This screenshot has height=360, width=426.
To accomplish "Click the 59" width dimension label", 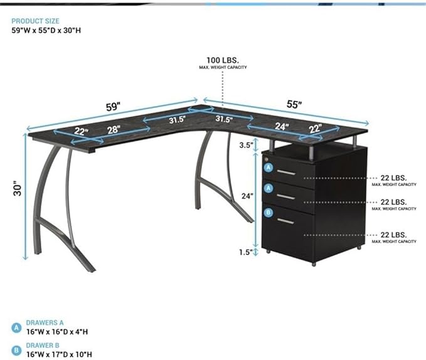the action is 113,107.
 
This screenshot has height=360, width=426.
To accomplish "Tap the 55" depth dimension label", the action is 294,104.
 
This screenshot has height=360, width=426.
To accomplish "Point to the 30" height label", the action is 18,188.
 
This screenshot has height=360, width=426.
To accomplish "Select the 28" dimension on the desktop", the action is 114,129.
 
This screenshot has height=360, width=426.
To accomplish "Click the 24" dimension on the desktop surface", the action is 282,126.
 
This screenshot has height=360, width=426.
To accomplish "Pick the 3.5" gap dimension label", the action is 245,145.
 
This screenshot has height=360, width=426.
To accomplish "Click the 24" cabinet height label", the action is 247,196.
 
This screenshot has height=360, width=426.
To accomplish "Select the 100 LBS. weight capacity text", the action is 223,60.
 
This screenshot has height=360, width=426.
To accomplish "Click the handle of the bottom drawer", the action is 285,221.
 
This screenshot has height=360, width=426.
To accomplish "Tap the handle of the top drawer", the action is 286,172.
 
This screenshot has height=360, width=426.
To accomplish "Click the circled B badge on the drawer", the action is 269,213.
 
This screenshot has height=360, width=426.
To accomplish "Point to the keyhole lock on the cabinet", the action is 266,159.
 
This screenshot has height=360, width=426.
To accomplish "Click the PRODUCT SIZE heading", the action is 35,21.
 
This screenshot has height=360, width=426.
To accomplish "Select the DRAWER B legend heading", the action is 43,346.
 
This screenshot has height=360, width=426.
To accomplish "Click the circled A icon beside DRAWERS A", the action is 16,327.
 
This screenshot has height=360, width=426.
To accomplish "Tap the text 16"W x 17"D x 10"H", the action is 59,354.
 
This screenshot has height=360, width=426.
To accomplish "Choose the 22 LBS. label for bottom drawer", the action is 393,235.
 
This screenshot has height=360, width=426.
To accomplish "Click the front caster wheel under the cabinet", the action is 314,264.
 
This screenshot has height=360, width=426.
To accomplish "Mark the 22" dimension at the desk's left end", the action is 82,131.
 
